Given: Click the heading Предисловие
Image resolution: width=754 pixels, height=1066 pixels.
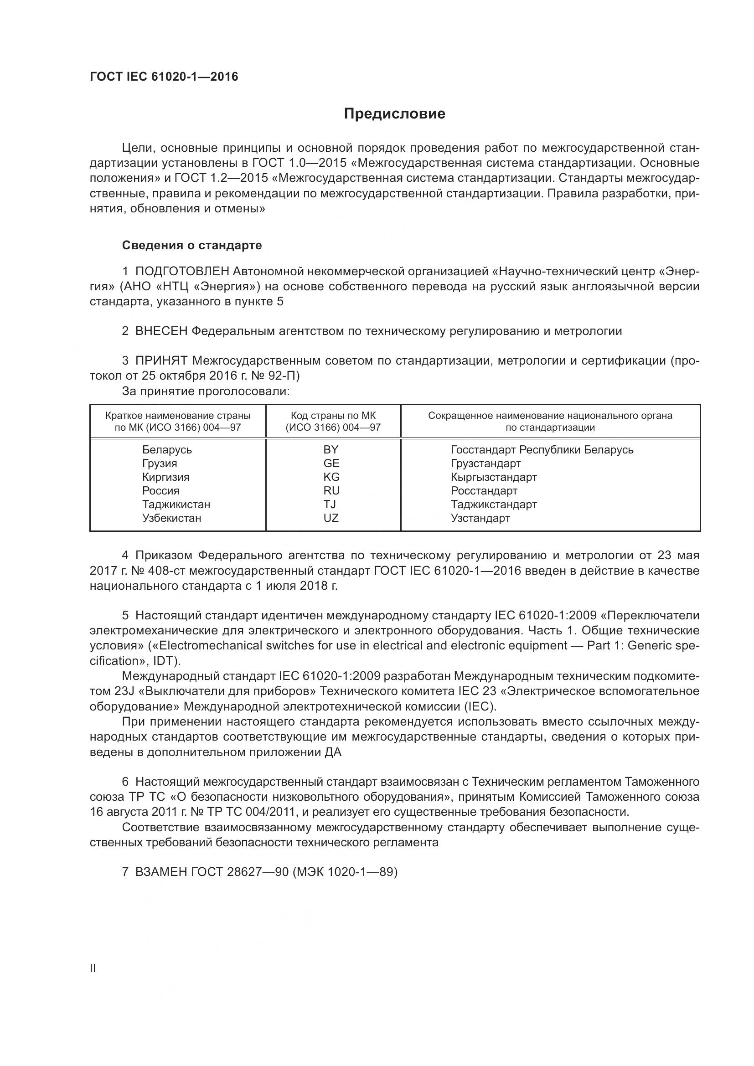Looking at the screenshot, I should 395,114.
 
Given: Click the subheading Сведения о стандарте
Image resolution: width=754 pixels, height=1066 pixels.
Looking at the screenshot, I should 192,245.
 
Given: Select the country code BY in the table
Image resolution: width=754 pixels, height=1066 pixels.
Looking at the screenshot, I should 331,449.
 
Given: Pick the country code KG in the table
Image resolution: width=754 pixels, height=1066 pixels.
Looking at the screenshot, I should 331,477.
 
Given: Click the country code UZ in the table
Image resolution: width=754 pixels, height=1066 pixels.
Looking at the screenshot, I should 331,518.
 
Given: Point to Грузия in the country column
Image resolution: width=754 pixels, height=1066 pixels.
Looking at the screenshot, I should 159,463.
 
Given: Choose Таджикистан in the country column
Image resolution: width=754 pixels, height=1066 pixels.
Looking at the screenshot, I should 176,504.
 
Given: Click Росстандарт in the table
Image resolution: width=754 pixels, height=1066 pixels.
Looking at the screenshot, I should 484,491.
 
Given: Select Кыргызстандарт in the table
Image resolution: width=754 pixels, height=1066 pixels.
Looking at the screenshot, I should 494,477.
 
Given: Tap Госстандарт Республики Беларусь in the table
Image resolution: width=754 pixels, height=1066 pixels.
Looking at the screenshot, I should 542,449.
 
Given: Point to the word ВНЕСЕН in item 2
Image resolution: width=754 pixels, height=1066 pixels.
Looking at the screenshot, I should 161,331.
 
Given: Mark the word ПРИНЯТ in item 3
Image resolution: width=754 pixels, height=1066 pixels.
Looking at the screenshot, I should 161,361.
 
